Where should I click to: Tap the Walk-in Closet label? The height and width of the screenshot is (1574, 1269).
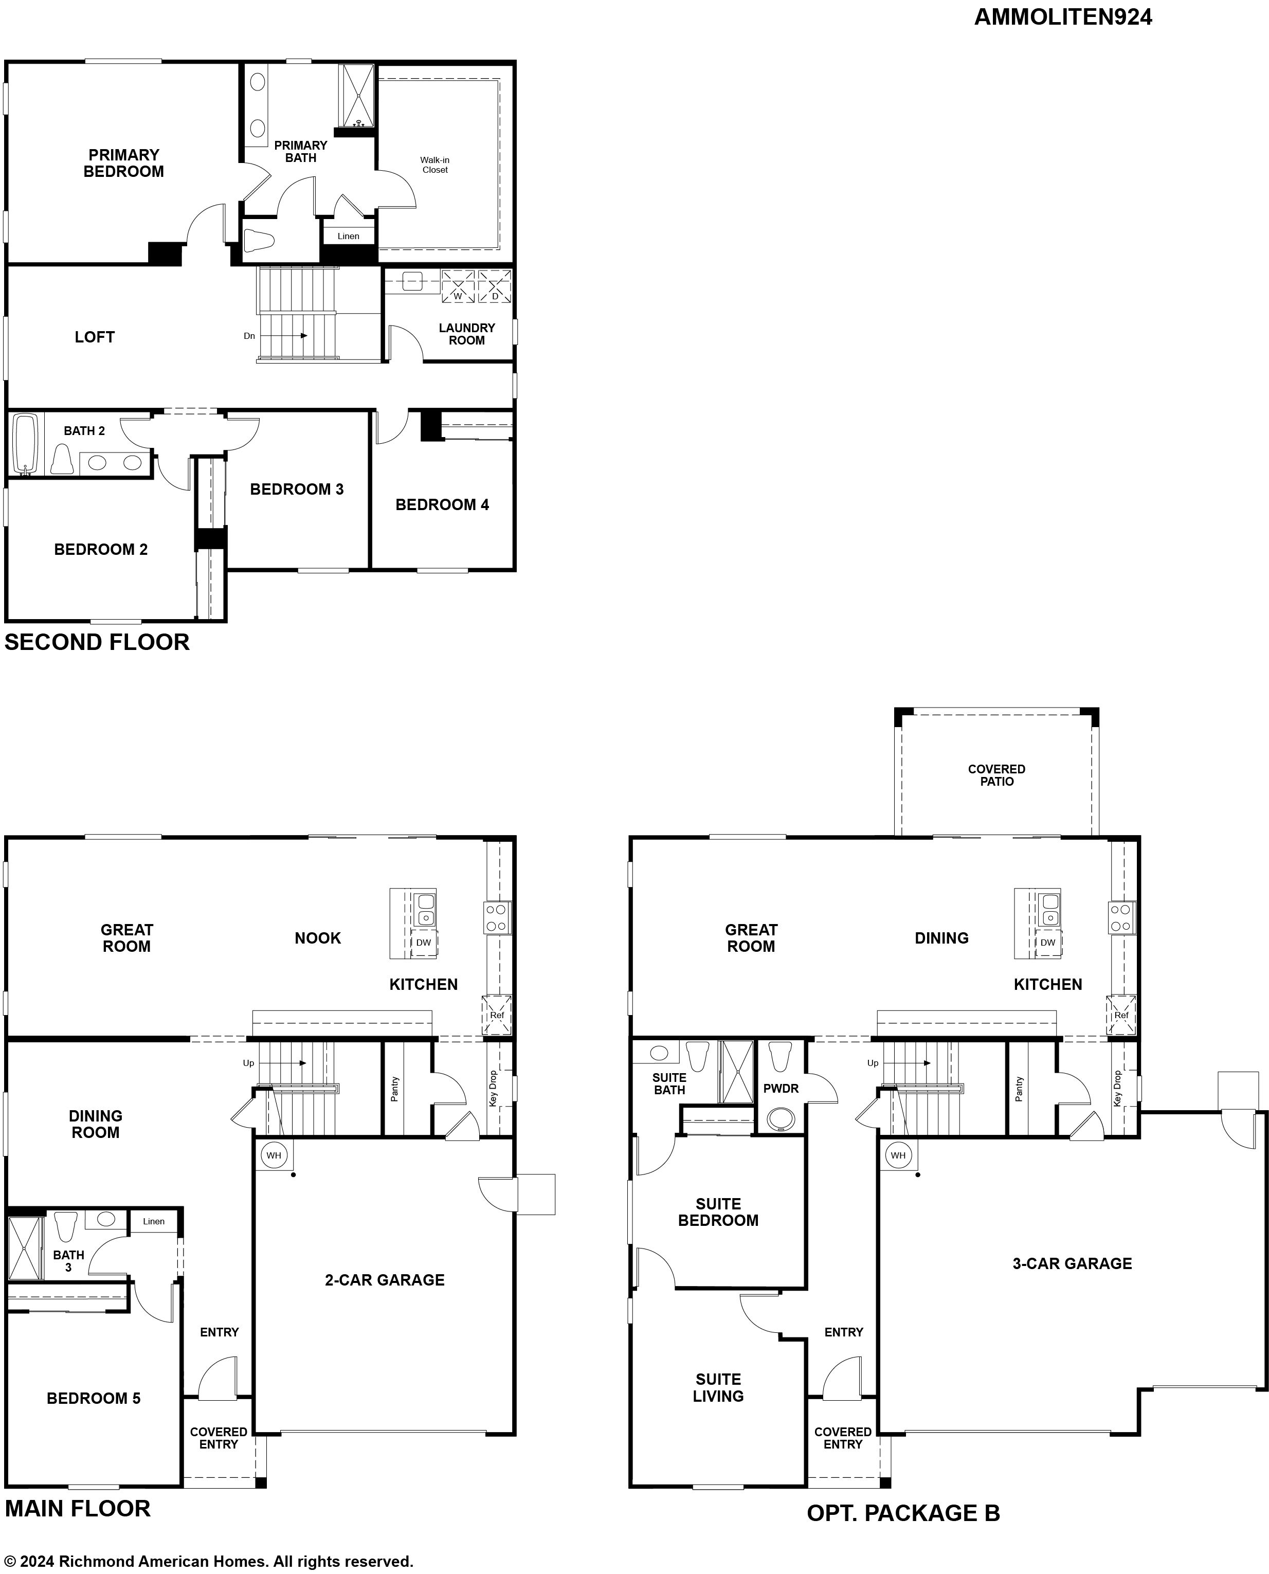(435, 165)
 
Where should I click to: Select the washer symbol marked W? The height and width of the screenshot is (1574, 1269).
(458, 286)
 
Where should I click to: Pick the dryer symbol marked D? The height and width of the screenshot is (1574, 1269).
(495, 286)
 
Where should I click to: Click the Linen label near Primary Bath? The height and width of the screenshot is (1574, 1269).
(349, 236)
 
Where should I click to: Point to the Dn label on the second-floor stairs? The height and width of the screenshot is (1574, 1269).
(249, 336)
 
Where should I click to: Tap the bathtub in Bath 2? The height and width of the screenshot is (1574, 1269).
(26, 445)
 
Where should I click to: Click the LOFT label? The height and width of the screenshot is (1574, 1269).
(94, 337)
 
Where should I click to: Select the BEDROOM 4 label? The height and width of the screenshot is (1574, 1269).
(442, 504)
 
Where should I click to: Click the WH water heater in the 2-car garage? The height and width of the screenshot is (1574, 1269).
(274, 1155)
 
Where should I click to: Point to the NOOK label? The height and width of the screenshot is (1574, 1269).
(318, 938)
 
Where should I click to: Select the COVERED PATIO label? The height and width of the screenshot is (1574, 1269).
(996, 775)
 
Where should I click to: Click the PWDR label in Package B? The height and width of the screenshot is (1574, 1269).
(781, 1089)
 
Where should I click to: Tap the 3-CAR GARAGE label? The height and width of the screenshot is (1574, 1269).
(1073, 1263)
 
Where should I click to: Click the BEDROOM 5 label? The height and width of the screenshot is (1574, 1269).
(94, 1399)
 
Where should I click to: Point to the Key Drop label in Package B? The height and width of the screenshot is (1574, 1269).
(1117, 1089)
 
